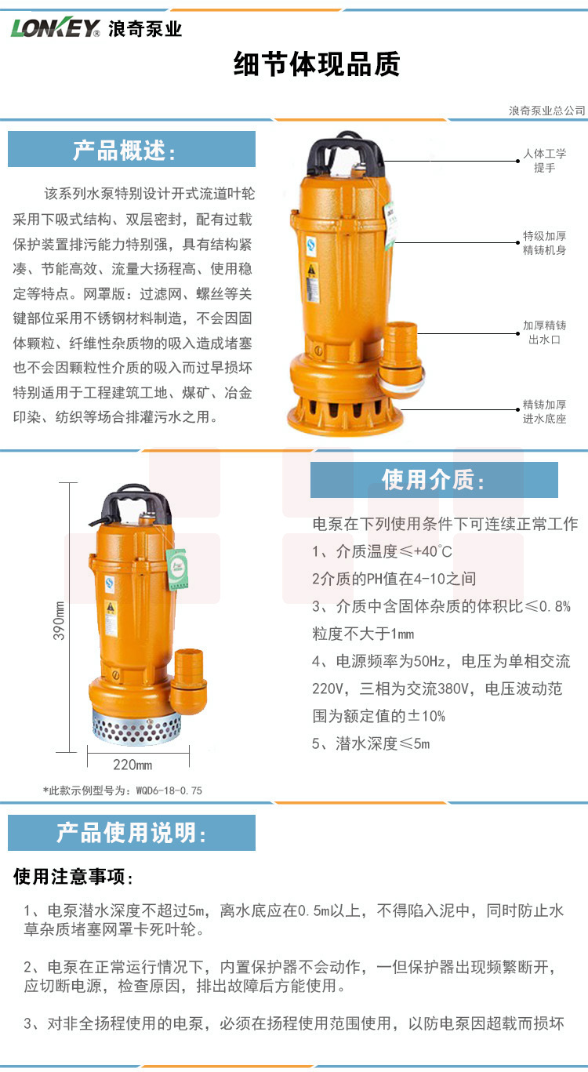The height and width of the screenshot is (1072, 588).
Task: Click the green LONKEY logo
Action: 56,28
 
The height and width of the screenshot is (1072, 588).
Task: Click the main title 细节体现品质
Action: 317,64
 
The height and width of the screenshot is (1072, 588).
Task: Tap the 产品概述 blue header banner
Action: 132,149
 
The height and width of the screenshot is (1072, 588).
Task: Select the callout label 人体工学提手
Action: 544,160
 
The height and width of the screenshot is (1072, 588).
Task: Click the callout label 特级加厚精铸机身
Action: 544,242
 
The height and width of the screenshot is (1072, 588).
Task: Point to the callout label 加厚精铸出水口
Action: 544,333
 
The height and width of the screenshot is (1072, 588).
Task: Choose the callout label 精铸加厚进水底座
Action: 544,412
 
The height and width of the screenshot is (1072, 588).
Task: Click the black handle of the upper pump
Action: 346,152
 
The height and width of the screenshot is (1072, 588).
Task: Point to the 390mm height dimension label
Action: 58,621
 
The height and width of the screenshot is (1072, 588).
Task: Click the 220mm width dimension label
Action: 132,765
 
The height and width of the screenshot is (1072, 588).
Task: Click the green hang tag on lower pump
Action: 177,569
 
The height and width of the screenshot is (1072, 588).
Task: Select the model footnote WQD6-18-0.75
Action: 122,790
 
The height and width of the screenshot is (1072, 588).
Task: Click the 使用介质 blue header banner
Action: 434,479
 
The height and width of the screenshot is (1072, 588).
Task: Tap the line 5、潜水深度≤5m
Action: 371,743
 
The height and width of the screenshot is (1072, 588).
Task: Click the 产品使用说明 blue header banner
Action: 132,833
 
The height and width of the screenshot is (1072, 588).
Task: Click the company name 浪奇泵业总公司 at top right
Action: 547,111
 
